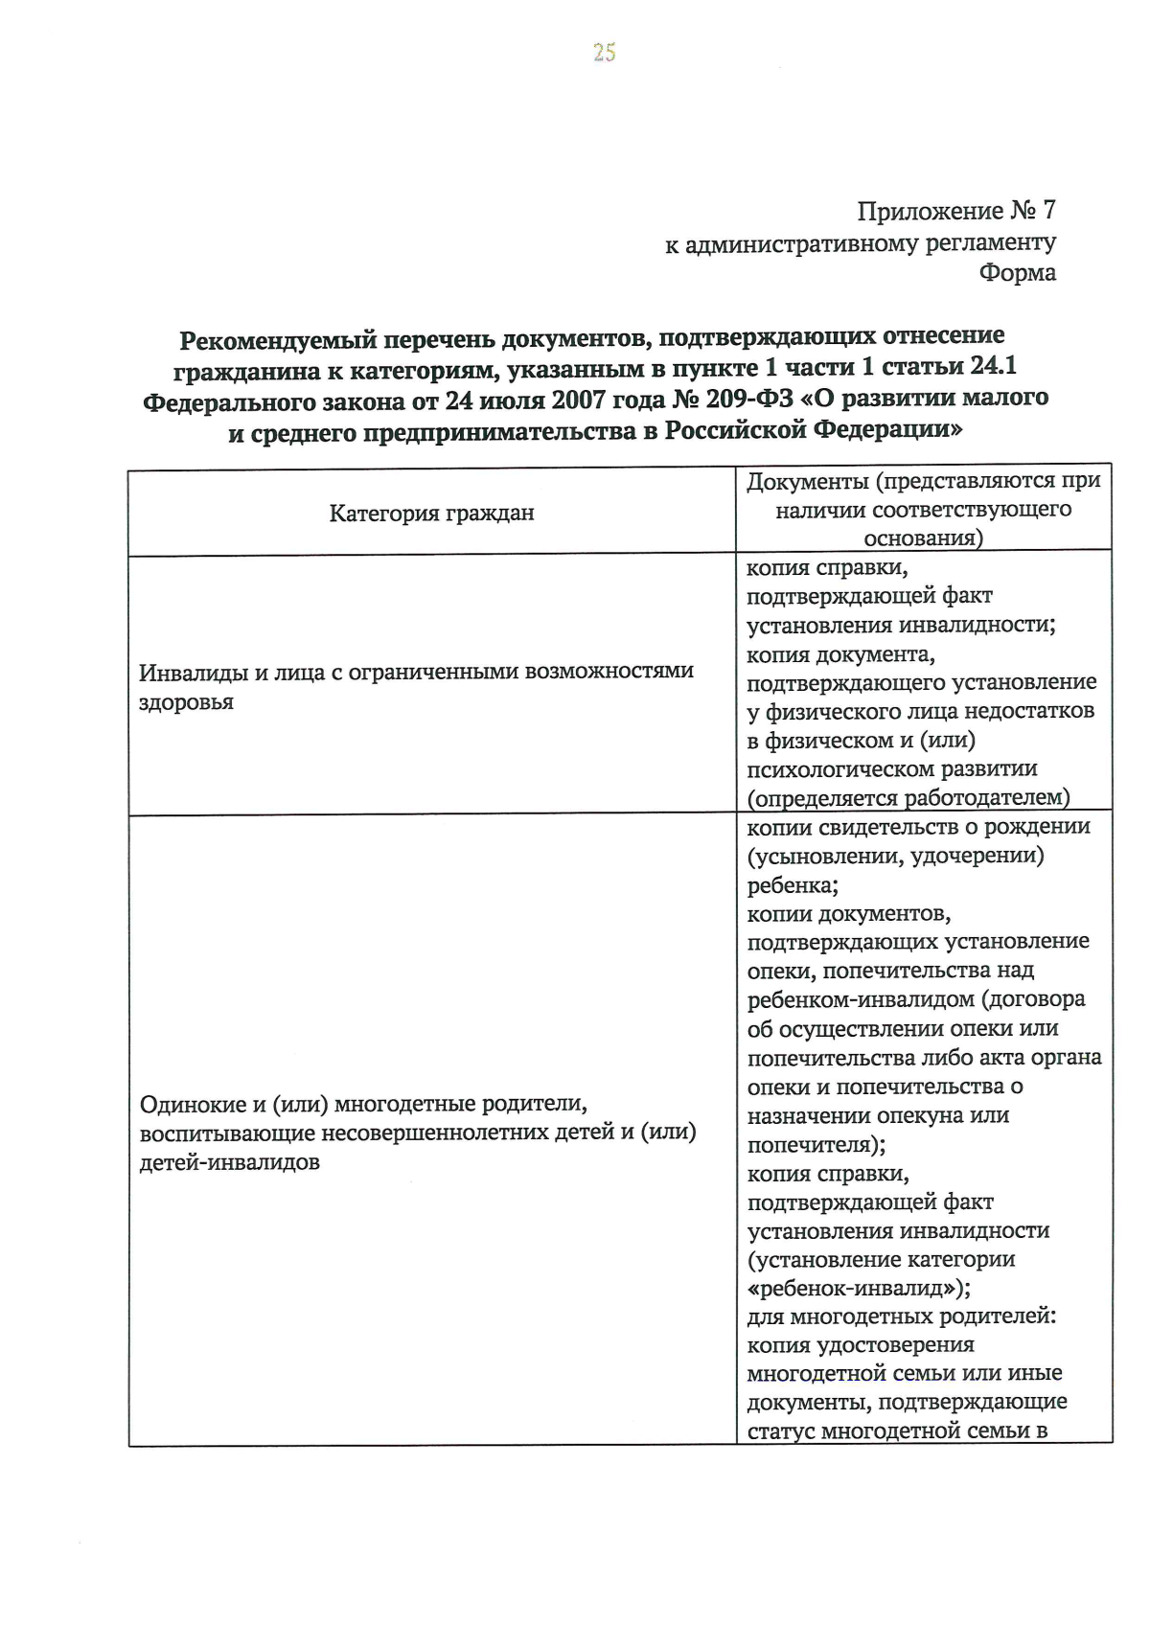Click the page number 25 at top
tap(604, 53)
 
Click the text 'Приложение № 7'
tap(955, 211)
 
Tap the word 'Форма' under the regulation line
tap(1017, 273)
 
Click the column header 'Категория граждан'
tap(431, 514)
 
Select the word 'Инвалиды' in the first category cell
tap(191, 672)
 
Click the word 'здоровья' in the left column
tap(186, 702)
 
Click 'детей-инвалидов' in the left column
tap(229, 1163)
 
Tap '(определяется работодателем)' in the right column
tap(908, 798)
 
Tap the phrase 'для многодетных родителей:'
tap(901, 1317)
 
